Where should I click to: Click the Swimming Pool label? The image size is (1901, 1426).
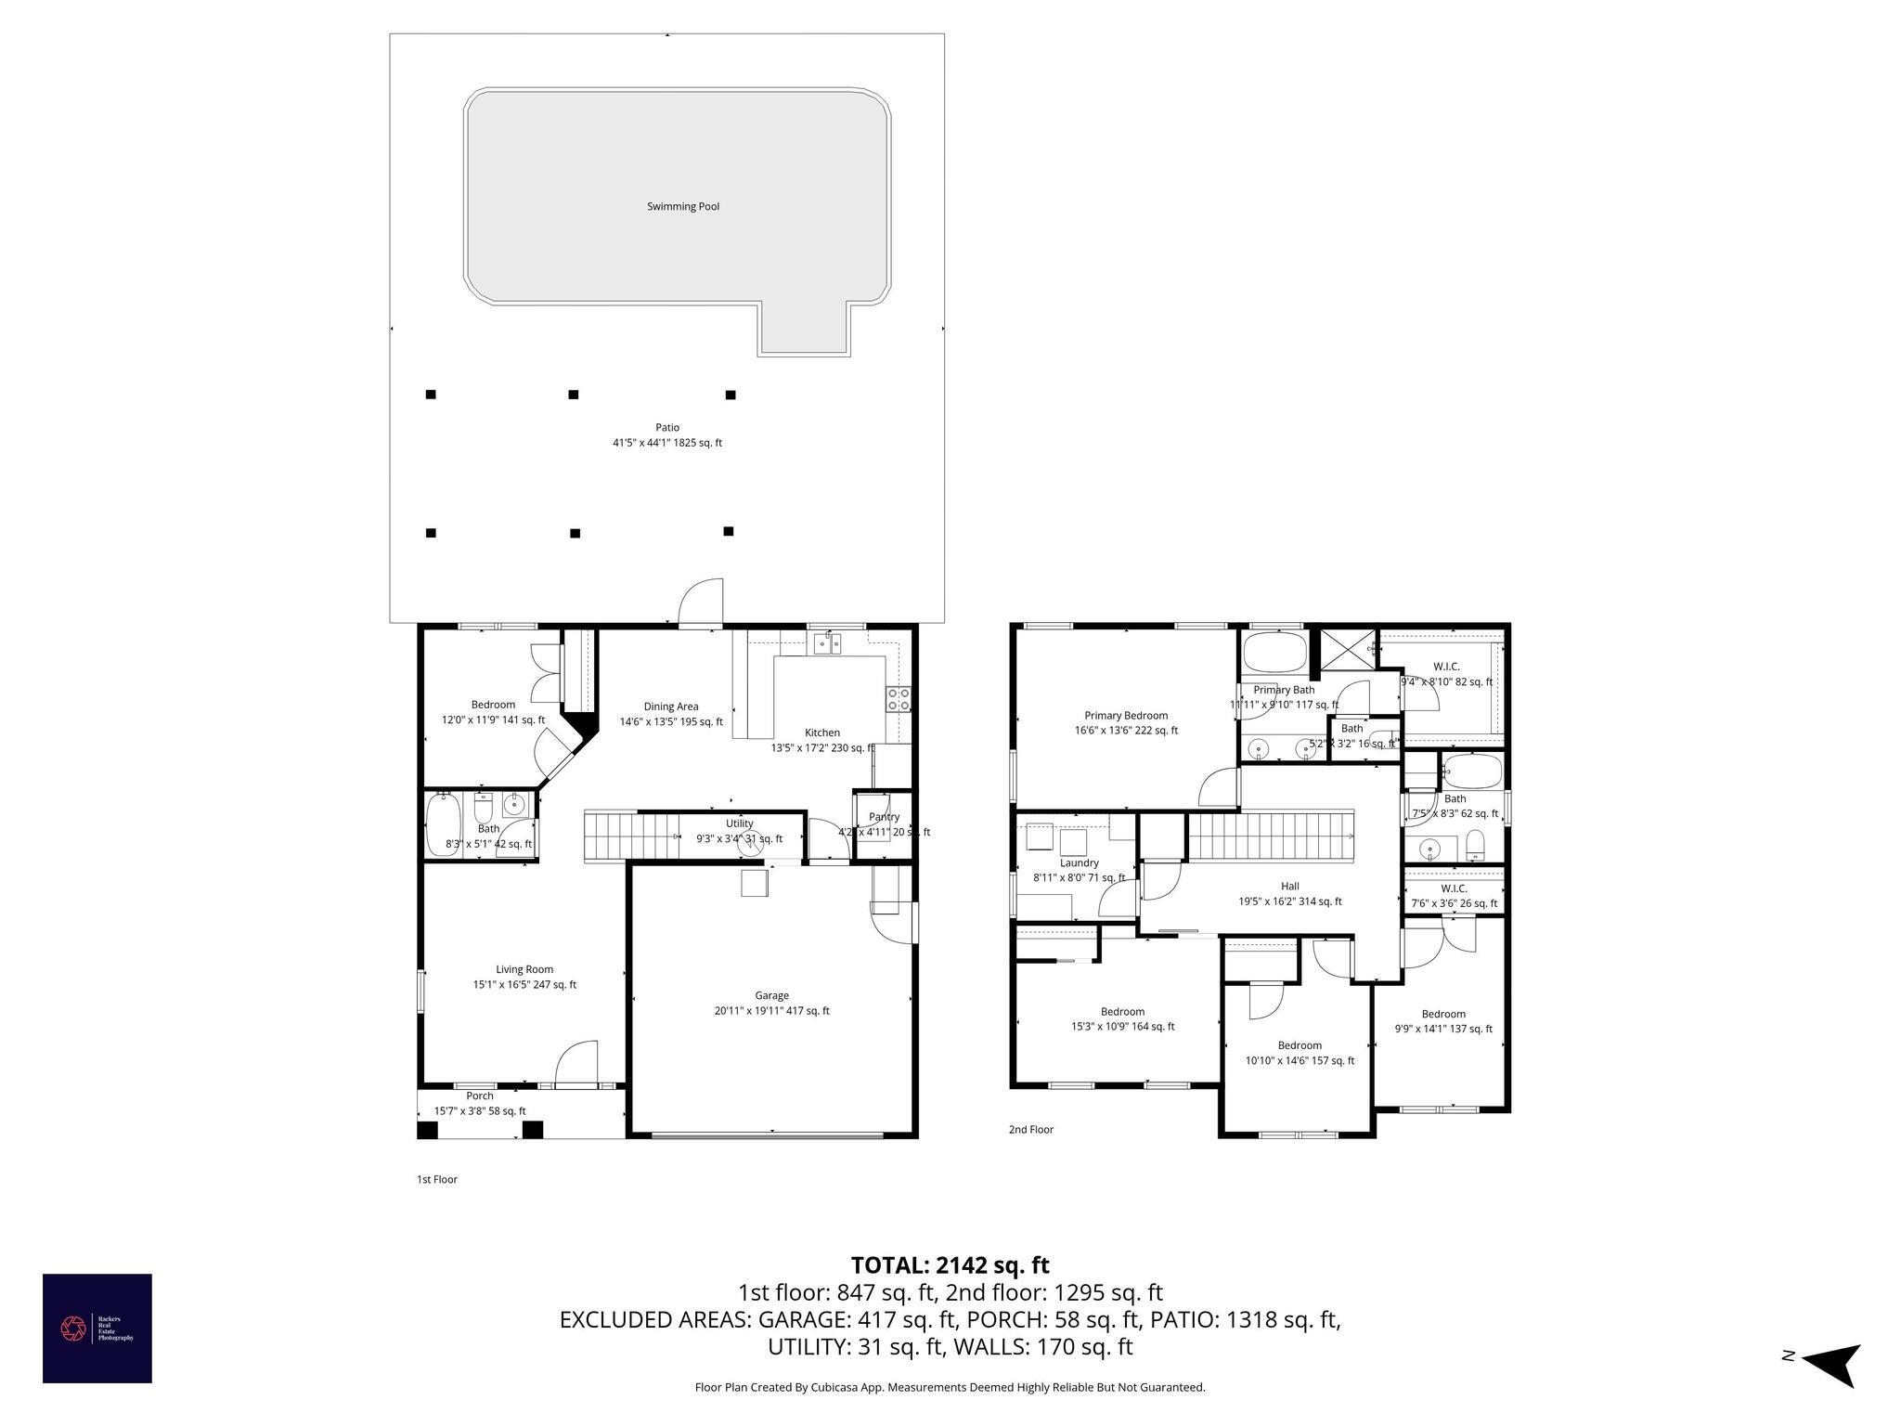(x=683, y=206)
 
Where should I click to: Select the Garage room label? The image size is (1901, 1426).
(x=771, y=995)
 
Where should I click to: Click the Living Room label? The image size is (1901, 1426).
(x=524, y=969)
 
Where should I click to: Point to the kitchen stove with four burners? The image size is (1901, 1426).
(x=899, y=699)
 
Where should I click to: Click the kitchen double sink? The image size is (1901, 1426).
(x=827, y=642)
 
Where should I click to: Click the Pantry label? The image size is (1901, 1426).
(x=884, y=817)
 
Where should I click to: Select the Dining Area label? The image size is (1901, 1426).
(x=671, y=707)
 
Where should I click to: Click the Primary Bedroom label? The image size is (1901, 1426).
(x=1126, y=715)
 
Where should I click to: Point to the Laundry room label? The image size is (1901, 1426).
(x=1079, y=862)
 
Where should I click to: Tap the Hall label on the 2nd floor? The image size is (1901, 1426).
(x=1289, y=886)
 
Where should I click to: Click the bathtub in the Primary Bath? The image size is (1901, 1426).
(x=1274, y=653)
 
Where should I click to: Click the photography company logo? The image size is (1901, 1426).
(x=97, y=1328)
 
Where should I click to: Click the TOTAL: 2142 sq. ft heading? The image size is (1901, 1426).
(x=950, y=1265)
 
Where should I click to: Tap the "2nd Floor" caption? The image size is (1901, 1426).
(x=1030, y=1130)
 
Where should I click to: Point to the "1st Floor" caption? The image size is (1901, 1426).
(x=436, y=1179)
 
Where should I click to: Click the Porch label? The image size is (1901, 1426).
(x=480, y=1095)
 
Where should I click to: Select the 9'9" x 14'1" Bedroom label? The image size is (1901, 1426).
(x=1442, y=1014)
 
